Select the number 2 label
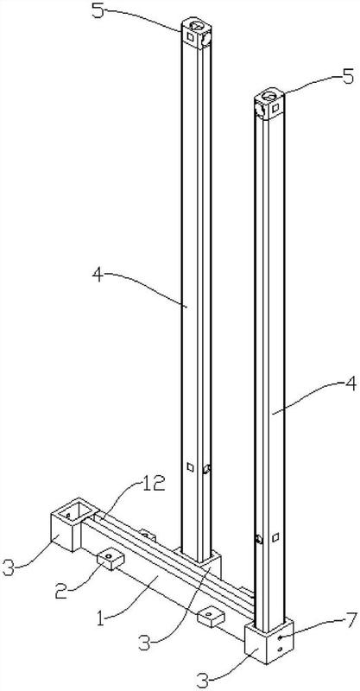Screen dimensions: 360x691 (62, 591)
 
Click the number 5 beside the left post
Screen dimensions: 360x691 (98, 10)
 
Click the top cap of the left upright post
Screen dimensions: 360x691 (196, 32)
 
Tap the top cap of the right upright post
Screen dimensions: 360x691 (269, 105)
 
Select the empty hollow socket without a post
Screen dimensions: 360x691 (74, 524)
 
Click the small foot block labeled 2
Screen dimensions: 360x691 (111, 558)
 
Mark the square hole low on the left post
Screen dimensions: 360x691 (190, 467)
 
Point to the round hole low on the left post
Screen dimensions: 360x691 (206, 469)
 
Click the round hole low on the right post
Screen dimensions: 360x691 (259, 538)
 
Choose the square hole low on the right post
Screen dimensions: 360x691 (275, 537)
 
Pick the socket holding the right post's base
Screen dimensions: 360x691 (268, 641)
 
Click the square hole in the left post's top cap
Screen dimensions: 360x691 (190, 37)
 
